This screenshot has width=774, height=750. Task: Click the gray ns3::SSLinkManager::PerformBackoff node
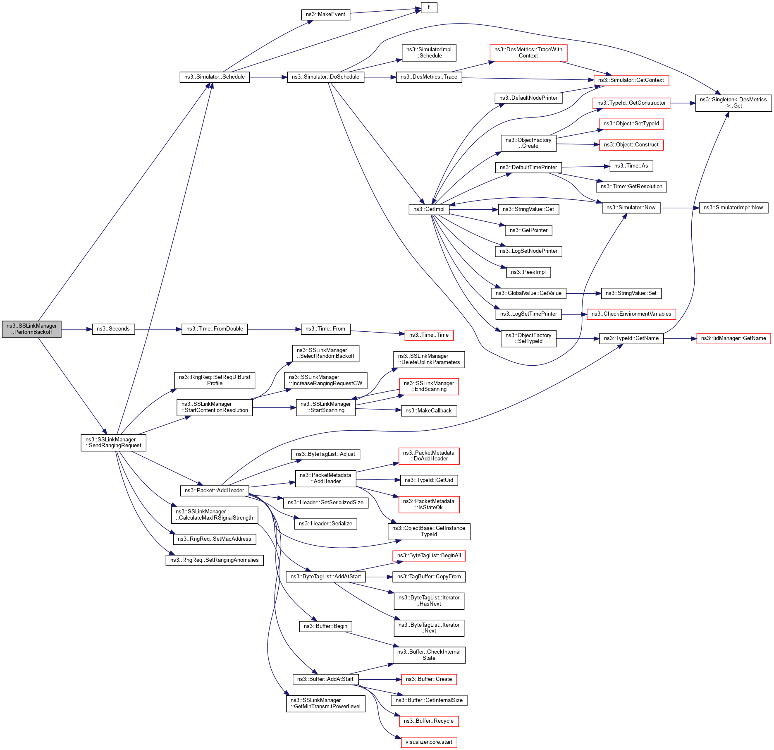coord(31,329)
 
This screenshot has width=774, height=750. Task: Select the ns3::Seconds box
coord(113,329)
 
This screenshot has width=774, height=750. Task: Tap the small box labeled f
coord(429,7)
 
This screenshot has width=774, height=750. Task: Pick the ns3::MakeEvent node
coord(325,14)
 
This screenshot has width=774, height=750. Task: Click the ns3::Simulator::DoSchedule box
coord(325,77)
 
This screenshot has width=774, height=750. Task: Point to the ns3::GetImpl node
coord(429,209)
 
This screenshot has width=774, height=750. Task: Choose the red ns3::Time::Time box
coord(429,335)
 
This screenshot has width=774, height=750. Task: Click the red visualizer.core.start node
coord(429,742)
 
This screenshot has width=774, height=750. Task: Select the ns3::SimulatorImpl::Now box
coord(733,208)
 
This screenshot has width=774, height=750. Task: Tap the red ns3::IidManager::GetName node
coord(733,338)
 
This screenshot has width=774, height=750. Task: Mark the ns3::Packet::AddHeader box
coord(214,491)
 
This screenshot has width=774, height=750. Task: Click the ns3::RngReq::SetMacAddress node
coord(214,539)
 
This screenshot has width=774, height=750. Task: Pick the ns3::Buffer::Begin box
coord(325,626)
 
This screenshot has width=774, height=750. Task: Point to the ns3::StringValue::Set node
coord(631,293)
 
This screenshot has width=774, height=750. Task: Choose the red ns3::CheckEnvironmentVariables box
coord(631,314)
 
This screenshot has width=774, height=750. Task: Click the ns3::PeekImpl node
coord(528,272)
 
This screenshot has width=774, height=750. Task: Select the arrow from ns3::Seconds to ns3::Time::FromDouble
coord(158,329)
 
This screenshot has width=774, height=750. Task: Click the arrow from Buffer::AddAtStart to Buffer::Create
coord(380,679)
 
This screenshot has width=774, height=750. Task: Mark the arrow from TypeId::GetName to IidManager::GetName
coord(680,338)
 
